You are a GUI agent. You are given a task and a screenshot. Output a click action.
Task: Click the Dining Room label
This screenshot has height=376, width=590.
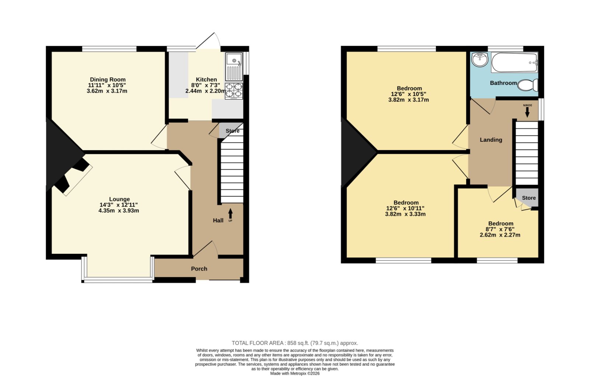coord(108,79)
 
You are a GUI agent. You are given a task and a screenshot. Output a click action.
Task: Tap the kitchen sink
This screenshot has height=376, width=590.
coord(234,67)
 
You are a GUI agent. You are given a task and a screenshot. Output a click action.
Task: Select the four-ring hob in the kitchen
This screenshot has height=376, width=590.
coord(234,91)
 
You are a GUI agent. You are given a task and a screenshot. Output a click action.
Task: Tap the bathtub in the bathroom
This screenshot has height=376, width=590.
coord(514,62)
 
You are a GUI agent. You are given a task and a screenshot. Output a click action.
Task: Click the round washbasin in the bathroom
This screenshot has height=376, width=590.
coord(480,59)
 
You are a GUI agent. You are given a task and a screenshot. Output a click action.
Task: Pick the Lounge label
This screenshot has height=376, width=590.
coord(119,199)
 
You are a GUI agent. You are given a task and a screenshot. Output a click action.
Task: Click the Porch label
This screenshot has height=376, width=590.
coord(199,269)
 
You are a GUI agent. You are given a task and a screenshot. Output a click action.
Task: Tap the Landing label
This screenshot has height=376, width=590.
coord(491,140)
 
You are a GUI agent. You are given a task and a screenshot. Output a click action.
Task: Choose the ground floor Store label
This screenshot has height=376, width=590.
coord(233,131)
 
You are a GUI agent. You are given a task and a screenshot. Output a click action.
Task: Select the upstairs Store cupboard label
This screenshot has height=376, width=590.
coord(529,198)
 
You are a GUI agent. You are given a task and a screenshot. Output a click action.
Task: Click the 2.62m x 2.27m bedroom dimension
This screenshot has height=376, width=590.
coord(500,235)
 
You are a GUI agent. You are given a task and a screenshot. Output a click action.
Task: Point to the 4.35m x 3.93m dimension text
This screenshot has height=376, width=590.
coord(119,211)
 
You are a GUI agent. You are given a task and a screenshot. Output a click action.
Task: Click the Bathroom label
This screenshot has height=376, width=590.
coord(503,83)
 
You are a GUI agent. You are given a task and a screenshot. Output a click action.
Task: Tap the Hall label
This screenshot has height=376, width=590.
coord(218,221)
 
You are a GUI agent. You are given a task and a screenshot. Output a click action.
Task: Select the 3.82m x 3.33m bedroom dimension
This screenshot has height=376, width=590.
coord(405,214)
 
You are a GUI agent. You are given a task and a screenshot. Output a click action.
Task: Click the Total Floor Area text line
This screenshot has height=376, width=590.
coord(295,343)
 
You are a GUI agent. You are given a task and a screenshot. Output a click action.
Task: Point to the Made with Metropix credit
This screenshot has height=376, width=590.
coord(295,374)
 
